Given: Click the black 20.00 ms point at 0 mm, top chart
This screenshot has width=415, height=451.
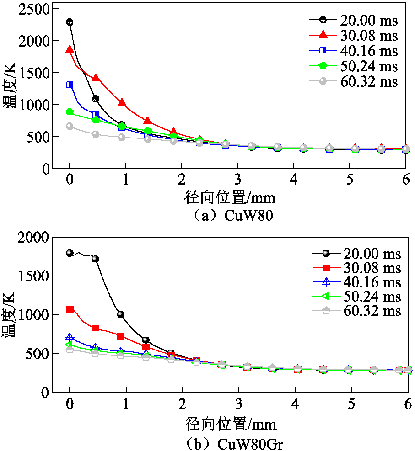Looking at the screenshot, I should tap(70, 21).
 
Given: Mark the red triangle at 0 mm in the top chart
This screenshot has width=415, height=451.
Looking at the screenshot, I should tap(70, 49).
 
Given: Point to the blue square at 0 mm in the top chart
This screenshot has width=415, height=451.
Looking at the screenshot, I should tap(70, 85).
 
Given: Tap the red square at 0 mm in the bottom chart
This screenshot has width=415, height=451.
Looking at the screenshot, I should tap(70, 309).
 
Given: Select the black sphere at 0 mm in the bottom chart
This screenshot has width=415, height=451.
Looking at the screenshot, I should tap(70, 253).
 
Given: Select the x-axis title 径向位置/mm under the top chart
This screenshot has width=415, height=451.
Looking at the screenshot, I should tap(231, 198).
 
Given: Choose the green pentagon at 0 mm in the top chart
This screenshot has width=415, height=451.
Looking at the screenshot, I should tap(70, 111).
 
